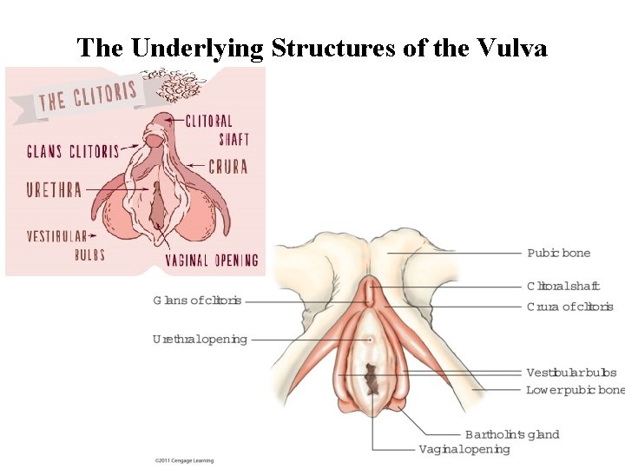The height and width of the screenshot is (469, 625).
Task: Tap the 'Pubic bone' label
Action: click(x=558, y=253)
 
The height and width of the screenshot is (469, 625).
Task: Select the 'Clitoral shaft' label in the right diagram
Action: click(x=562, y=286)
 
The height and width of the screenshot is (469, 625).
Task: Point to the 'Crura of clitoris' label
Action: click(x=569, y=307)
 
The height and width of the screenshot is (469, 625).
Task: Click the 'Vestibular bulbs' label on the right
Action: click(x=571, y=373)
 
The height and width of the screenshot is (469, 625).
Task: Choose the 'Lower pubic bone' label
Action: click(x=575, y=390)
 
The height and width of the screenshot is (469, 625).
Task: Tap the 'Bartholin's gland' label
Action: click(x=512, y=434)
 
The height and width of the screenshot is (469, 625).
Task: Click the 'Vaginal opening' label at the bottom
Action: click(x=464, y=449)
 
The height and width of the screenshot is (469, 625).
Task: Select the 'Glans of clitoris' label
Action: click(x=197, y=301)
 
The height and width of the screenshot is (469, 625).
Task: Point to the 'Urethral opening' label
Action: click(x=200, y=339)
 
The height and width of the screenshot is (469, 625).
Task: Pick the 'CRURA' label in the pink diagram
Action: click(x=227, y=167)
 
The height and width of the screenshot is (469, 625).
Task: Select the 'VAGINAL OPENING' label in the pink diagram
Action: click(x=212, y=260)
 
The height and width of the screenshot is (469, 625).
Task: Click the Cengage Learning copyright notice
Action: click(x=183, y=460)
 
